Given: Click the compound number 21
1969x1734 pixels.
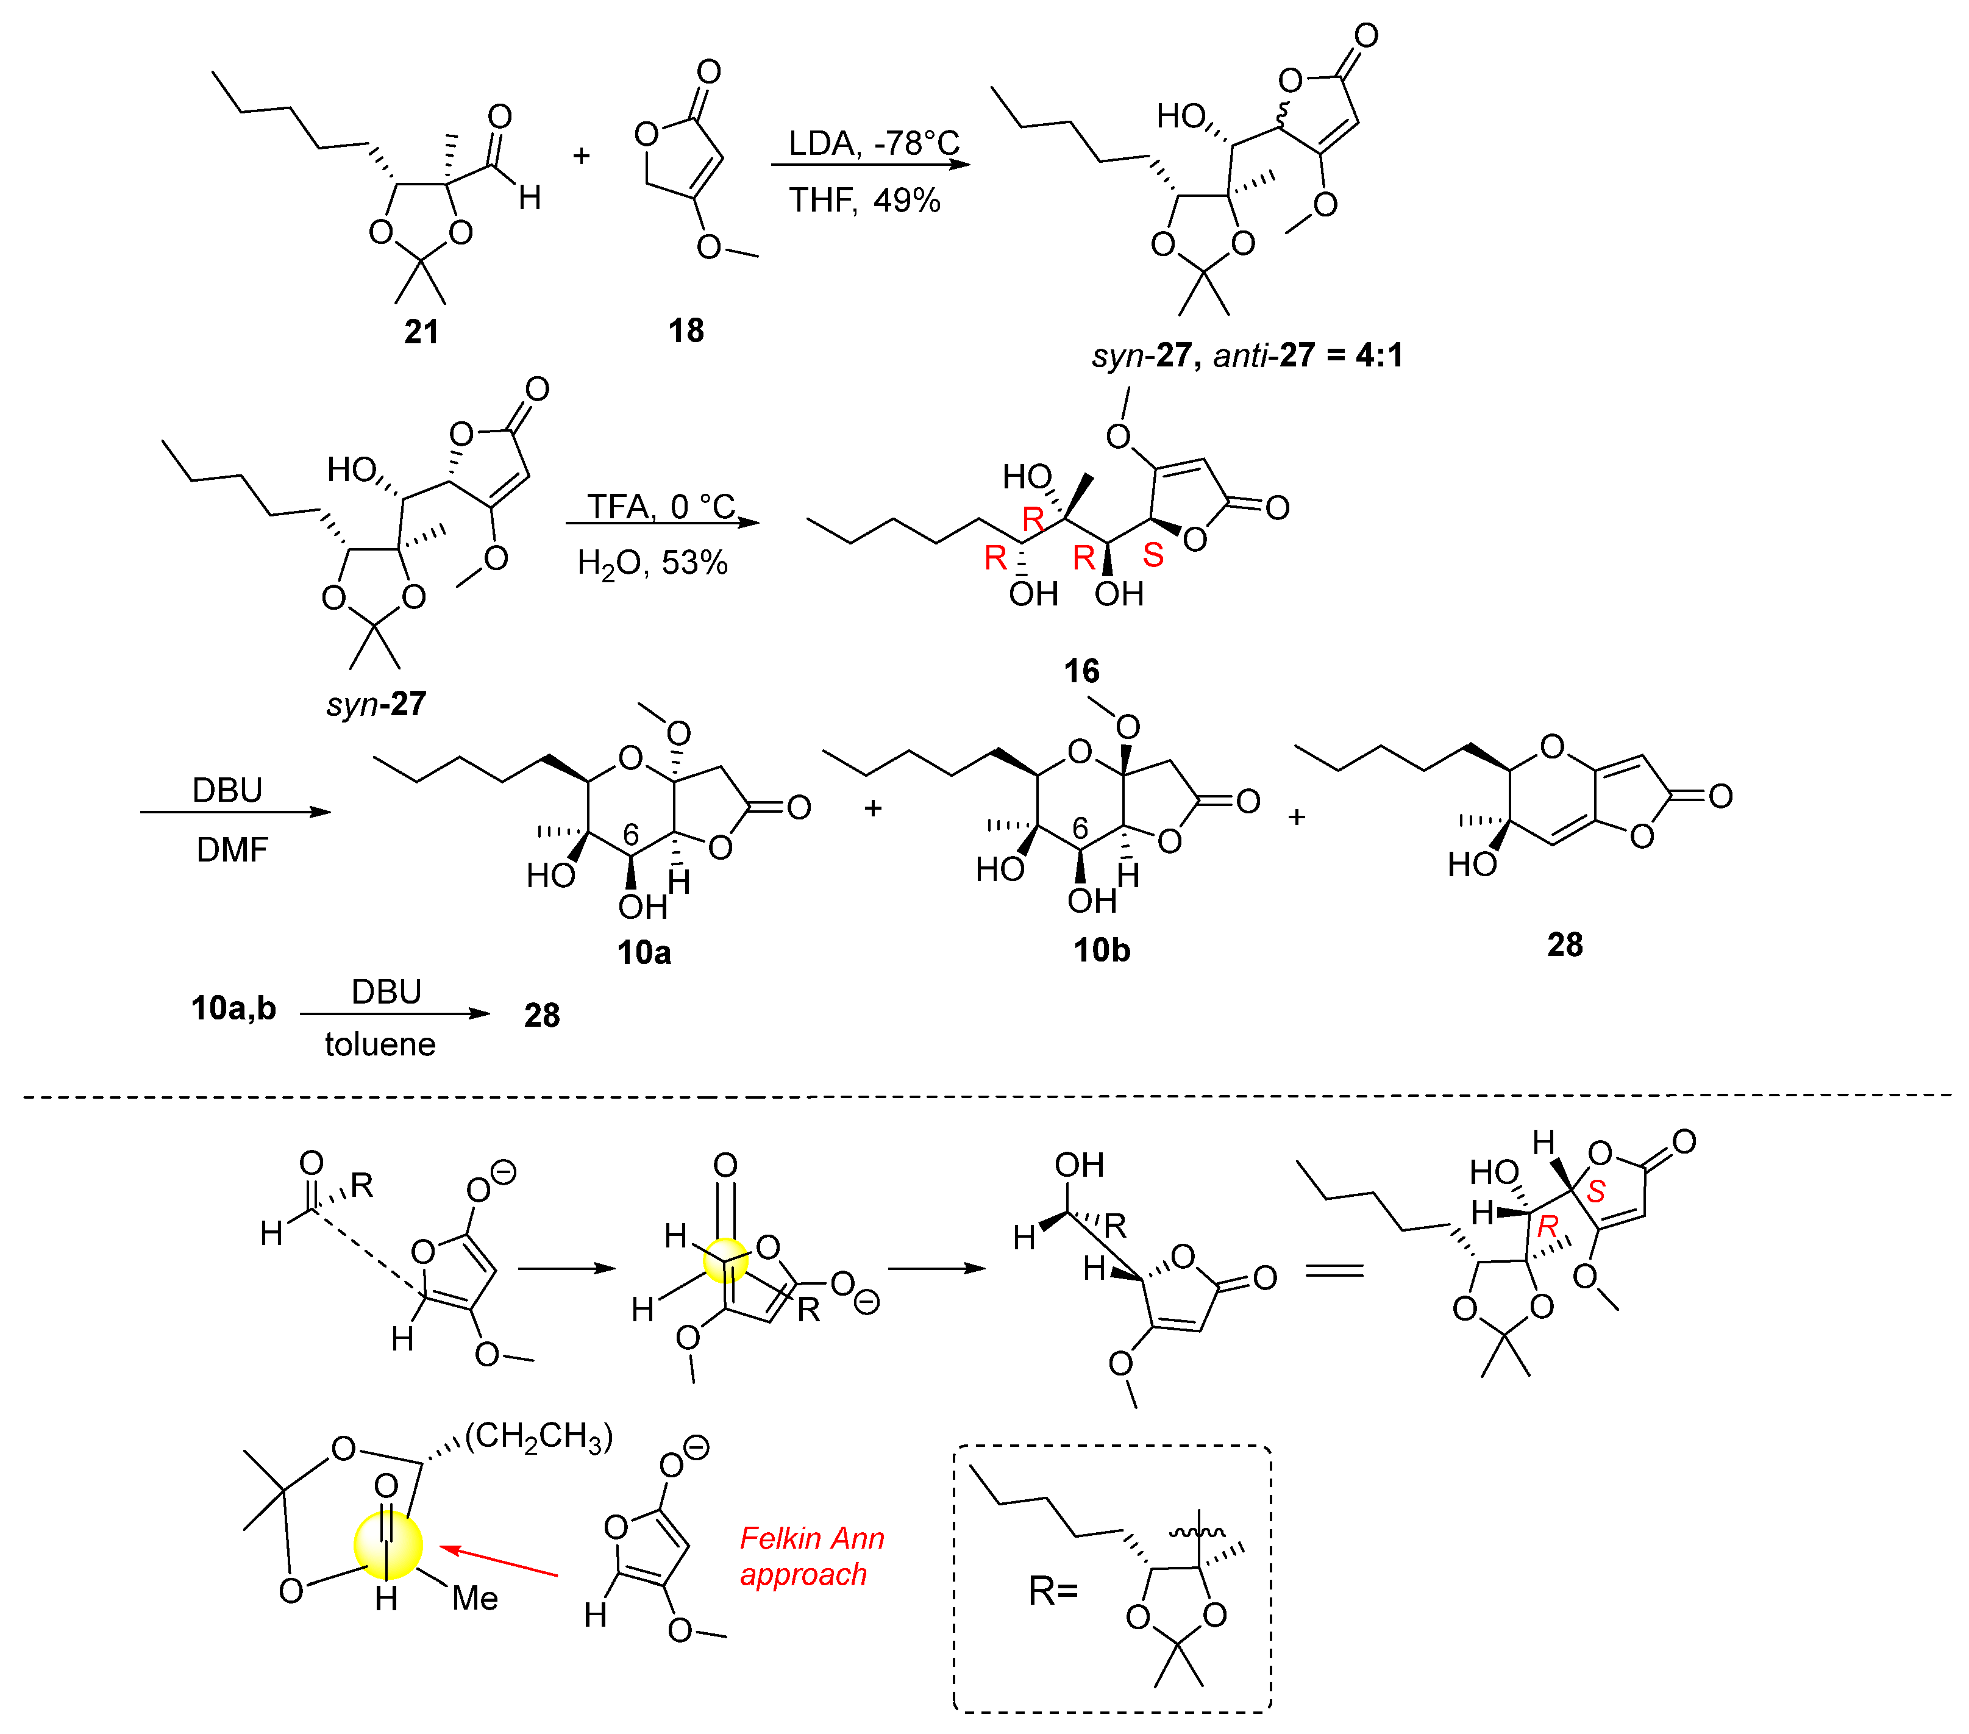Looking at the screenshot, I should click(422, 332).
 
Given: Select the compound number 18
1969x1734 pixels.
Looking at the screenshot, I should click(686, 330).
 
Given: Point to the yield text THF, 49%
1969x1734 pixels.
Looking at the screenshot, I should click(864, 201).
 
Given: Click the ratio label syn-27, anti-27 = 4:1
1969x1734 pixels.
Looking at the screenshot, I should click(1247, 355).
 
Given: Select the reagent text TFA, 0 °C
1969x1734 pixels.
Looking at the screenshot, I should click(661, 506).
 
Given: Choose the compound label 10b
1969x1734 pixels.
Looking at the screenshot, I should click(1101, 950).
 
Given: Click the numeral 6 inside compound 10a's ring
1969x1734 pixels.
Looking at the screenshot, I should click(631, 833).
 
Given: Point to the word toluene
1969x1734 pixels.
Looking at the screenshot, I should click(380, 1044).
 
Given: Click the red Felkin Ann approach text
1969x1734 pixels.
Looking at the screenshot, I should click(811, 1556).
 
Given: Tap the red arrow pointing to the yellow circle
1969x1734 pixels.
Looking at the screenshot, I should click(499, 1561).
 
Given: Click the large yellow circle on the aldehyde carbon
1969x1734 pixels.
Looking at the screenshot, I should click(387, 1544).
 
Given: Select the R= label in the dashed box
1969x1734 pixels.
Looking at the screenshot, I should click(1052, 1591).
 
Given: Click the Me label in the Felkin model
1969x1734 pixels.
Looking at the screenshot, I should click(475, 1598).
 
